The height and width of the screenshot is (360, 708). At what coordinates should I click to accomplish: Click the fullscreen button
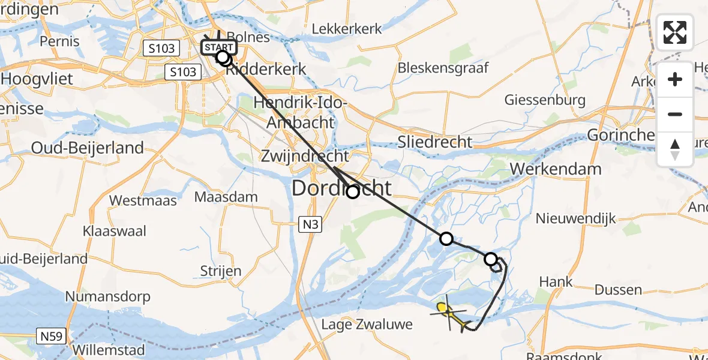(675, 32)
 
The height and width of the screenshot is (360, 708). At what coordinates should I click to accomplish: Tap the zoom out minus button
(675, 114)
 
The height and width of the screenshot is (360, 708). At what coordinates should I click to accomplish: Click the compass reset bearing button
(675, 149)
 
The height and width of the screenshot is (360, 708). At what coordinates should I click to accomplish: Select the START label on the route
(219, 47)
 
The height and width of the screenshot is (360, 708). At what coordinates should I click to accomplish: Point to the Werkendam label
(556, 169)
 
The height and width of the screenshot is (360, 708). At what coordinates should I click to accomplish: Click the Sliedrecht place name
(435, 142)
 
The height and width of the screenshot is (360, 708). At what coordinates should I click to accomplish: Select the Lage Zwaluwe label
(367, 325)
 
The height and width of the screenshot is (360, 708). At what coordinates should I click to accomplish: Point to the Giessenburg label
(545, 100)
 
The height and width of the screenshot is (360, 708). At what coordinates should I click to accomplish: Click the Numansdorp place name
(107, 296)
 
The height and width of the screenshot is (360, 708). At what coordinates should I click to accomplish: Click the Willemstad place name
(109, 350)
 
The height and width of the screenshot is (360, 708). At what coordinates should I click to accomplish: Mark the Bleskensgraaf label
(443, 67)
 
